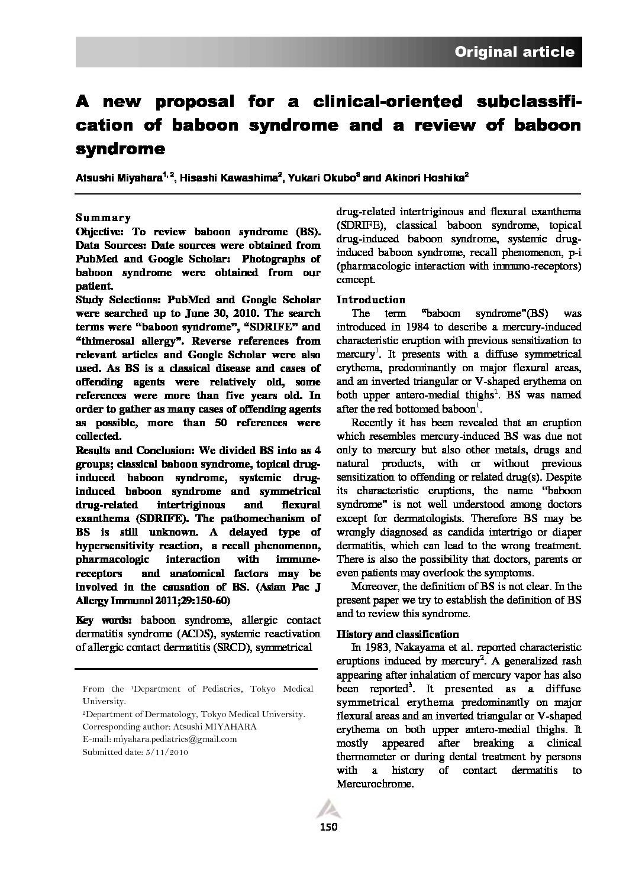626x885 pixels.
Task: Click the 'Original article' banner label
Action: pyautogui.click(x=514, y=52)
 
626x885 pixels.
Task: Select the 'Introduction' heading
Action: pyautogui.click(x=371, y=300)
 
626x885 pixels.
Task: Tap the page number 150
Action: pyautogui.click(x=328, y=827)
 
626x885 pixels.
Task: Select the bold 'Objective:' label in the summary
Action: pyautogui.click(x=100, y=231)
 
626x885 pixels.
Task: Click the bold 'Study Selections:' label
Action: pyautogui.click(x=117, y=300)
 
